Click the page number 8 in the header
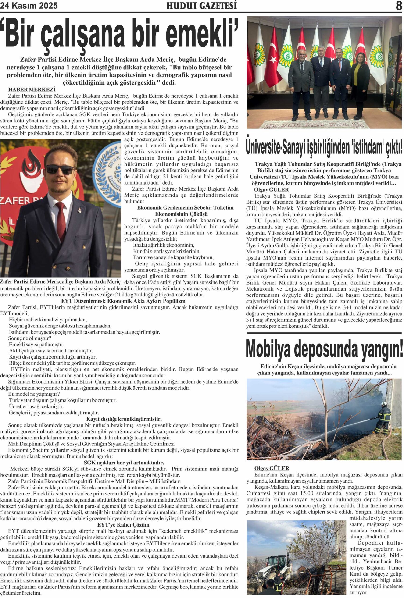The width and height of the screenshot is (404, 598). (x=399, y=6)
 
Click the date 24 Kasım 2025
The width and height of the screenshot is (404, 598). (x=29, y=6)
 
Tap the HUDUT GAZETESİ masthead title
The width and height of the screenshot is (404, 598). (x=201, y=6)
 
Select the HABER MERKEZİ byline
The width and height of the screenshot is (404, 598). (x=32, y=89)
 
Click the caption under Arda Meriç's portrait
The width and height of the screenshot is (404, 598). (x=60, y=281)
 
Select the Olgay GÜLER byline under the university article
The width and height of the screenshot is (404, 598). (x=271, y=190)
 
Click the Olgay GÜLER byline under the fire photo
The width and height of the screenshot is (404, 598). (x=272, y=468)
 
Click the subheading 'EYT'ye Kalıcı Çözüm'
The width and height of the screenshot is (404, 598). (x=123, y=525)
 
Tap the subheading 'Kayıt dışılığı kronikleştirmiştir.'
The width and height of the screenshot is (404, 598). (x=124, y=419)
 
